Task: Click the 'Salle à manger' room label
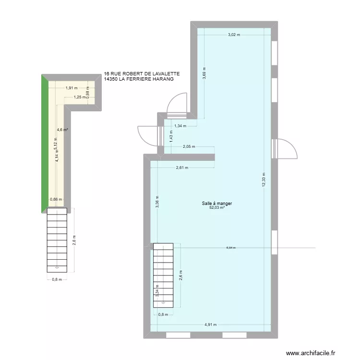click(217, 204)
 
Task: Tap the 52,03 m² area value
click(217, 208)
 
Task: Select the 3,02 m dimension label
click(234, 35)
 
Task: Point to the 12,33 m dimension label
click(263, 180)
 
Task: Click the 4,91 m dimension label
click(211, 324)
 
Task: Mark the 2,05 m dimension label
click(189, 147)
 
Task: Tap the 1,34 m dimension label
click(180, 126)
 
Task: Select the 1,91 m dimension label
click(72, 88)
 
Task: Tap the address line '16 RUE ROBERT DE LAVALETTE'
click(142, 74)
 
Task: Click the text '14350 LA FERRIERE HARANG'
click(138, 79)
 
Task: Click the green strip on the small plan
click(44, 144)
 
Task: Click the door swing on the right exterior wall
click(283, 148)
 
